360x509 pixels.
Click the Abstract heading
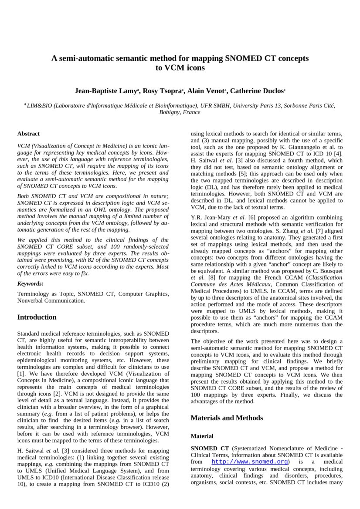(28, 134)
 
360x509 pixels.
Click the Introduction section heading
(37, 317)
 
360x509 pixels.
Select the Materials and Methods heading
(227, 418)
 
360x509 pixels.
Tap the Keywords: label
(31, 284)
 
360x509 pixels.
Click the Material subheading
(202, 436)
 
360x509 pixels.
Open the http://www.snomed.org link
(250, 462)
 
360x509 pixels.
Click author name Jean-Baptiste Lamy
(106, 91)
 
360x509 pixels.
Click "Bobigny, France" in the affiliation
(180, 112)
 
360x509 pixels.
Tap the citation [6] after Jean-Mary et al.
(251, 217)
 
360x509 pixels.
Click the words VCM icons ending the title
(180, 68)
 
